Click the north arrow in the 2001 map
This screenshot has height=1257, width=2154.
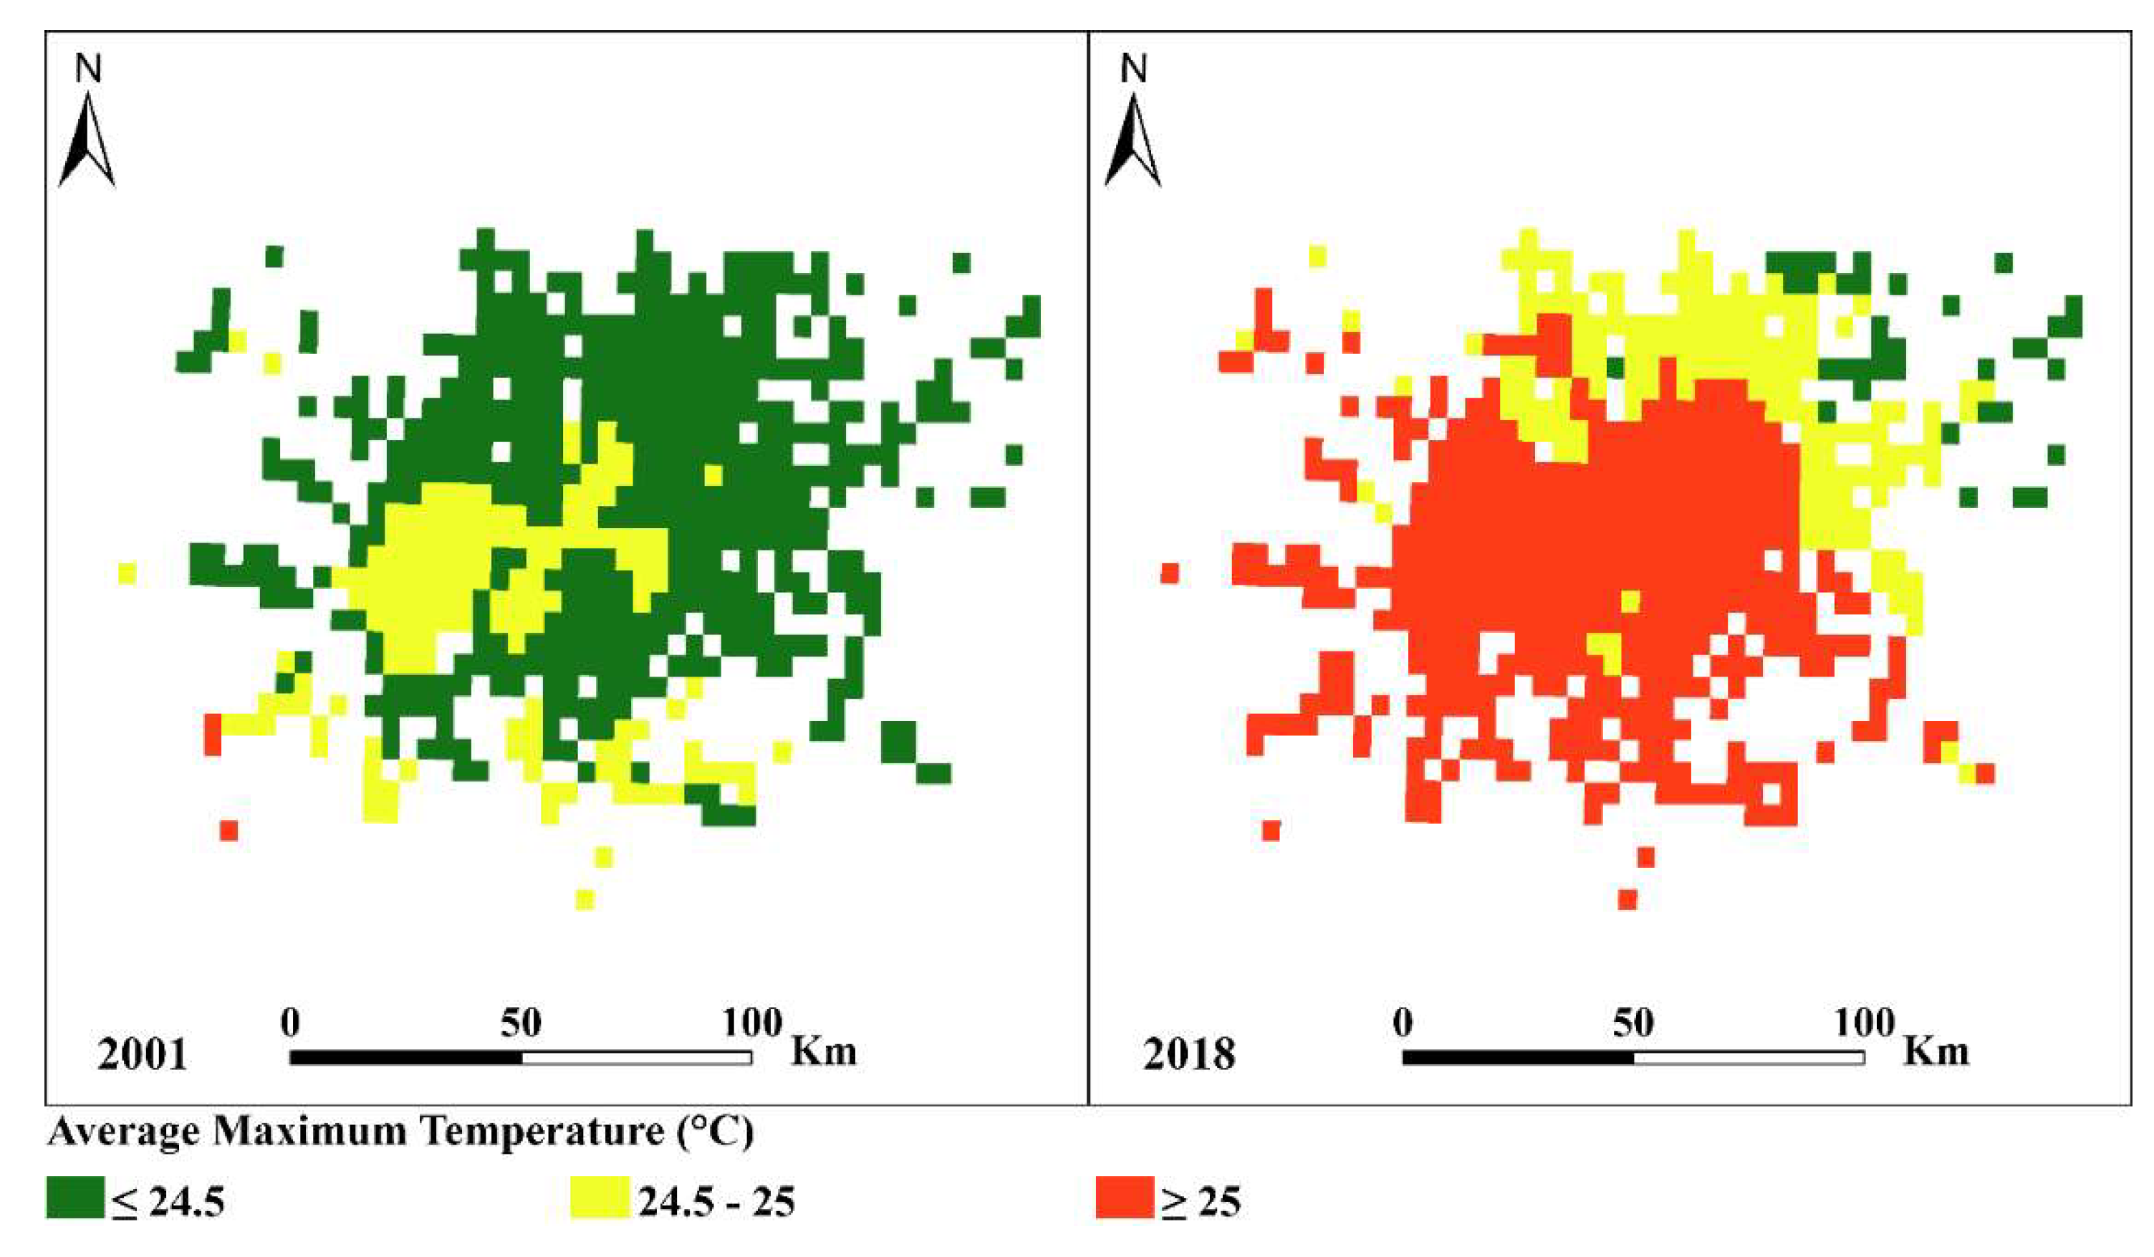tap(87, 141)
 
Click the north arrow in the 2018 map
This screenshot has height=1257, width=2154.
tap(1133, 141)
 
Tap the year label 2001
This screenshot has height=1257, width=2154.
tap(142, 1054)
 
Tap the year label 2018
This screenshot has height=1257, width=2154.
tap(1189, 1054)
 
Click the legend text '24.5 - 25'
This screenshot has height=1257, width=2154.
tap(716, 1201)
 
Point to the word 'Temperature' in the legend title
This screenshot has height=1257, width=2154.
tap(544, 1132)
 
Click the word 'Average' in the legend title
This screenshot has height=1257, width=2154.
tap(124, 1132)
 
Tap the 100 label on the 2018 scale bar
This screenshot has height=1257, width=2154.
tap(1864, 1023)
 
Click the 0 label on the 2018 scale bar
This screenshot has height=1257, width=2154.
tap(1403, 1023)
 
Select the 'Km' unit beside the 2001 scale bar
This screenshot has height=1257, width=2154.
tap(823, 1051)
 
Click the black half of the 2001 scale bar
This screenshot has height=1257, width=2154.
tap(406, 1058)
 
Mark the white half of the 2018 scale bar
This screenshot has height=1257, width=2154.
tap(1749, 1058)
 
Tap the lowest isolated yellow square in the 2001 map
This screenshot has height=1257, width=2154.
tap(585, 899)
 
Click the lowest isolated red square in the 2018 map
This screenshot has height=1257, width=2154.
tap(1627, 899)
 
